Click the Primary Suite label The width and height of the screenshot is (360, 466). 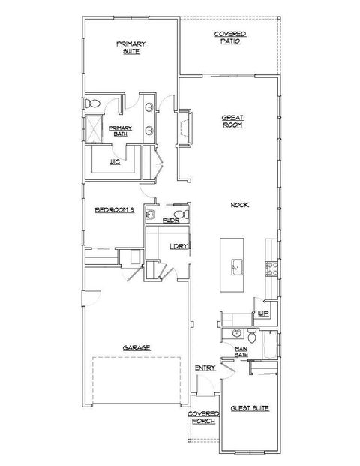(130, 48)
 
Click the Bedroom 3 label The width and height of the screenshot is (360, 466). (114, 211)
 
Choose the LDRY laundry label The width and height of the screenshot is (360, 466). (178, 246)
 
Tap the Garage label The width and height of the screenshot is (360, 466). (138, 347)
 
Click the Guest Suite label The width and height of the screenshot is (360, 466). (250, 408)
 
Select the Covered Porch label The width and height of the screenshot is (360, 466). (204, 417)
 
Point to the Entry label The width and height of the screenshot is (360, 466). (205, 368)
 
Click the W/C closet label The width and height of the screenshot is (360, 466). (115, 161)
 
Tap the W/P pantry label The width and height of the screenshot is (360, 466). (263, 314)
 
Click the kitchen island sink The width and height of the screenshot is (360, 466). (236, 266)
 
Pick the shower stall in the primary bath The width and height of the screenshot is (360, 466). (94, 130)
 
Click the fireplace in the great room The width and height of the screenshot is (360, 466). (184, 130)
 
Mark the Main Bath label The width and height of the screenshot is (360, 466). (241, 352)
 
